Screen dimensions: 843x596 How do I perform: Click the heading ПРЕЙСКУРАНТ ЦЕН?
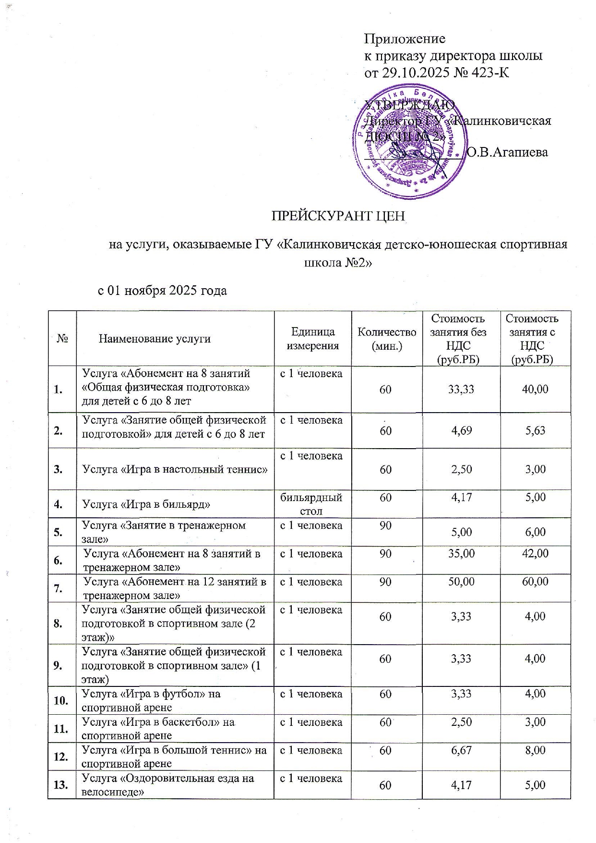click(339, 216)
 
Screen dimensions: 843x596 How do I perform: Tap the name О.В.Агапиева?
click(507, 152)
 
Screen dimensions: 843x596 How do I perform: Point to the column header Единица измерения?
click(312, 339)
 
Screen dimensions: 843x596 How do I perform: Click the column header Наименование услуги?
click(155, 339)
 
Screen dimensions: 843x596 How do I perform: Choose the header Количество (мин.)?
click(387, 339)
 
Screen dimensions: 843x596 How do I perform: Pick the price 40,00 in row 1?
click(535, 389)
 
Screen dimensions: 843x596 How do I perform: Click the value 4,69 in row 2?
click(461, 430)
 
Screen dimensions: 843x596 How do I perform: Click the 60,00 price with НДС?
click(535, 582)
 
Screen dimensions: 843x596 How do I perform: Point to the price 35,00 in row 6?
click(461, 554)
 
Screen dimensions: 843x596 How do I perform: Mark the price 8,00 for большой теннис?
click(536, 750)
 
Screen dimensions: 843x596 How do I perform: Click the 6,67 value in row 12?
click(461, 750)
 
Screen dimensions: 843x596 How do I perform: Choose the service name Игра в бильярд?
click(146, 504)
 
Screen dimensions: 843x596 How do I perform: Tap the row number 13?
click(61, 785)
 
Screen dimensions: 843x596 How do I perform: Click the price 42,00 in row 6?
click(535, 554)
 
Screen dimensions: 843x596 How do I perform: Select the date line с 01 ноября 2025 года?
click(162, 291)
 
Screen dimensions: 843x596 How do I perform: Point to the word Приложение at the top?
click(405, 38)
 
